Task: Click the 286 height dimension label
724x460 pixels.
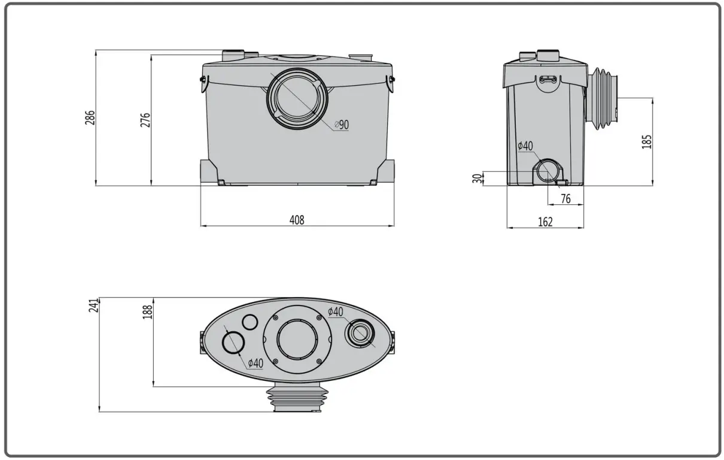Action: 90,117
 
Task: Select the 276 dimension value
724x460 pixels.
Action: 145,120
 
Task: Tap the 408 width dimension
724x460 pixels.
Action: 297,220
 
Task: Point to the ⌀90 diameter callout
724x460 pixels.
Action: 341,125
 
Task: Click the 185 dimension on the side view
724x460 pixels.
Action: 647,141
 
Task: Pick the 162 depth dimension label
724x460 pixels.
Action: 545,222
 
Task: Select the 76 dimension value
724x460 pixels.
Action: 565,199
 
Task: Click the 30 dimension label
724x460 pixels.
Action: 477,178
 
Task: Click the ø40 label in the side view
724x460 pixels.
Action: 525,146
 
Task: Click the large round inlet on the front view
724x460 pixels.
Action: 297,99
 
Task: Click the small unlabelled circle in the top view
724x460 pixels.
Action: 250,323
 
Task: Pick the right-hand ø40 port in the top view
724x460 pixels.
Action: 361,333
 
